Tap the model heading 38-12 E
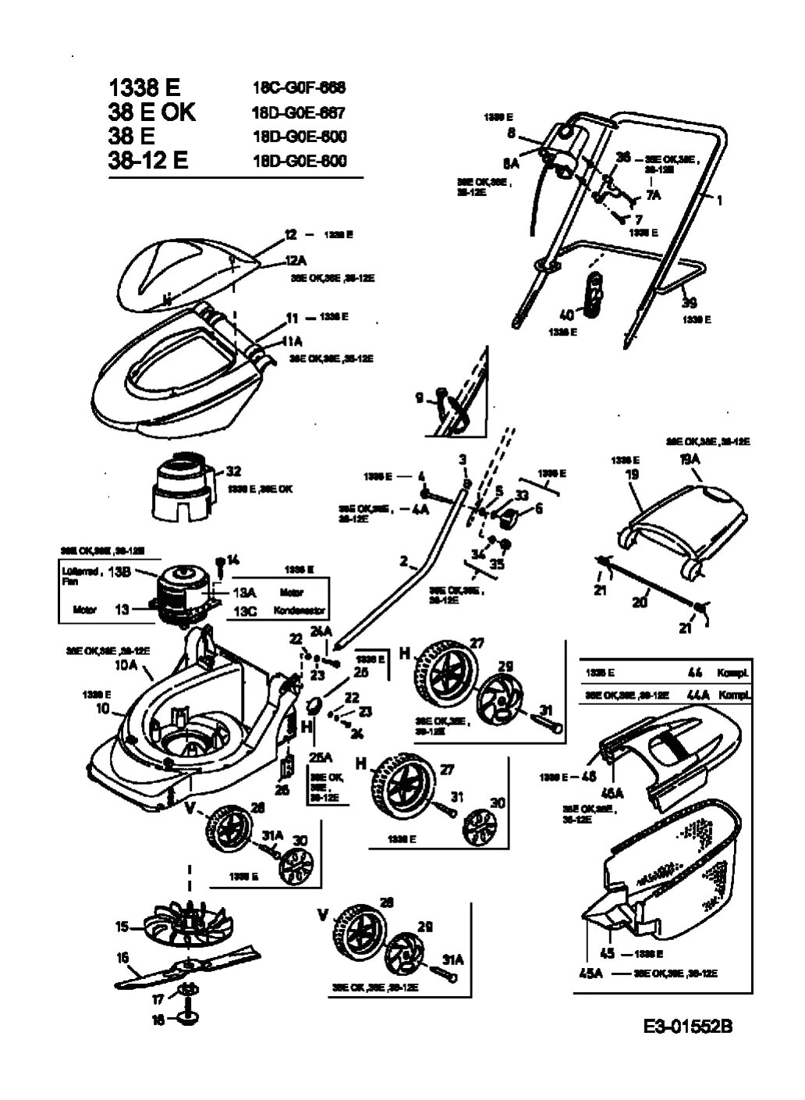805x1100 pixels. pyautogui.click(x=148, y=161)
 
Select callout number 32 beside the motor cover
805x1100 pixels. pyautogui.click(x=233, y=471)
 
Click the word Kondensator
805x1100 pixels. pyautogui.click(x=300, y=611)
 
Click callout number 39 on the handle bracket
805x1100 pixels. pyautogui.click(x=690, y=302)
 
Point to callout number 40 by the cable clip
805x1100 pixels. pyautogui.click(x=567, y=315)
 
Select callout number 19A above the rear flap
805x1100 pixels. pyautogui.click(x=690, y=460)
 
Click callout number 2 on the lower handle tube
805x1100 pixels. pyautogui.click(x=403, y=561)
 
